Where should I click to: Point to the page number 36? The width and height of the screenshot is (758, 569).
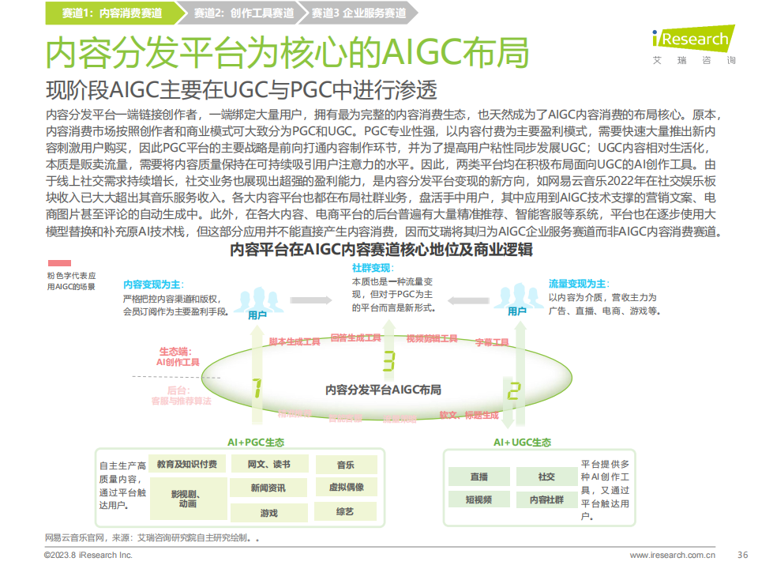[741, 554]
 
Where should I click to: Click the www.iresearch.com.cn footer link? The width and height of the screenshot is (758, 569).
[672, 555]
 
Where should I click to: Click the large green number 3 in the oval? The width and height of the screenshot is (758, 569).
[388, 361]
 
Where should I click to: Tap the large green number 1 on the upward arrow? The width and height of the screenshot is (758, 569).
[257, 387]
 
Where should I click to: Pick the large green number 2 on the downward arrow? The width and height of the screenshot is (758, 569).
[513, 390]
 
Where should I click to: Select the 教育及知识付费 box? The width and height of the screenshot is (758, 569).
[187, 464]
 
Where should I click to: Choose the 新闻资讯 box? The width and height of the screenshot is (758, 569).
[268, 488]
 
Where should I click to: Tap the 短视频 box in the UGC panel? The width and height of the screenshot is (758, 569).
[478, 499]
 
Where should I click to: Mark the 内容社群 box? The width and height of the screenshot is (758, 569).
[546, 499]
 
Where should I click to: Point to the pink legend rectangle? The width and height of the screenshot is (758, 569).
[59, 263]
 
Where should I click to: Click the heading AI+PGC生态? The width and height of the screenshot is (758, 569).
[256, 443]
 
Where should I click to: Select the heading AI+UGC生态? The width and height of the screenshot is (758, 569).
[523, 443]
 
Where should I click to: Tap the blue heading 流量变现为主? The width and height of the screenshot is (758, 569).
[577, 283]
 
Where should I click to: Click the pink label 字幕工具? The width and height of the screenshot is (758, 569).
[493, 342]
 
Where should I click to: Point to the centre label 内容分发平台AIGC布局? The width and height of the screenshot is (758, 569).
[384, 390]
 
